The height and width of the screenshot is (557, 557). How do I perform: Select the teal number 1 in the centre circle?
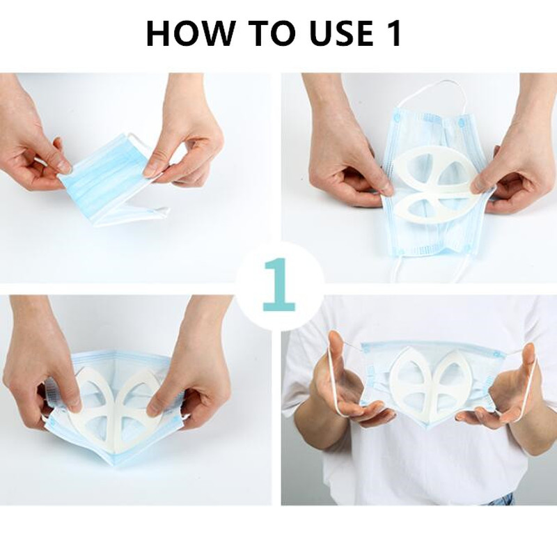[x=279, y=284]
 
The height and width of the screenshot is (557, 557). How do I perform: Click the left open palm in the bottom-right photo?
[x=348, y=390]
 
